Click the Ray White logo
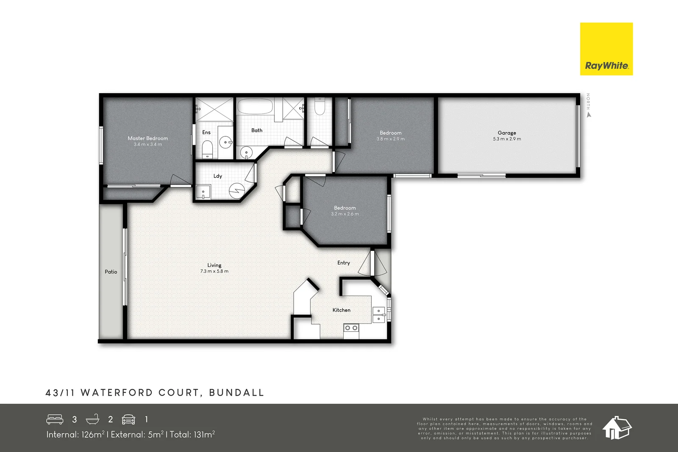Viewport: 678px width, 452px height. pos(606,49)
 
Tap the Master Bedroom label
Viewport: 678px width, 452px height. pos(148,138)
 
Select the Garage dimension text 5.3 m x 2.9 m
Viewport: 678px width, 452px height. pos(507,139)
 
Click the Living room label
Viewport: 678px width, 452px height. pos(214,265)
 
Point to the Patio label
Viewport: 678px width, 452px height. pos(111,272)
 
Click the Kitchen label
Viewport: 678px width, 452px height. pos(342,310)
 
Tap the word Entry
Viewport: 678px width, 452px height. pos(344,263)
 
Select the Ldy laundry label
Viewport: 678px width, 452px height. pos(218,176)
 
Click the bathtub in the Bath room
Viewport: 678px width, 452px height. pos(255,106)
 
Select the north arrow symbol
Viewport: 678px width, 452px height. pos(589,115)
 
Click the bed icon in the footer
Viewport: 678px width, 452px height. pos(55,419)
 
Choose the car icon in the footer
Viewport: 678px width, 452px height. pos(128,419)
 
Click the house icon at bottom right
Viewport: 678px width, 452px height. pos(617,428)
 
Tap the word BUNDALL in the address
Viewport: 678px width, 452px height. pos(237,393)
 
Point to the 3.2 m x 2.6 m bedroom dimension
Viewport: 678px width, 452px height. pos(345,214)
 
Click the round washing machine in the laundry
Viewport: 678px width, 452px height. pos(237,191)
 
